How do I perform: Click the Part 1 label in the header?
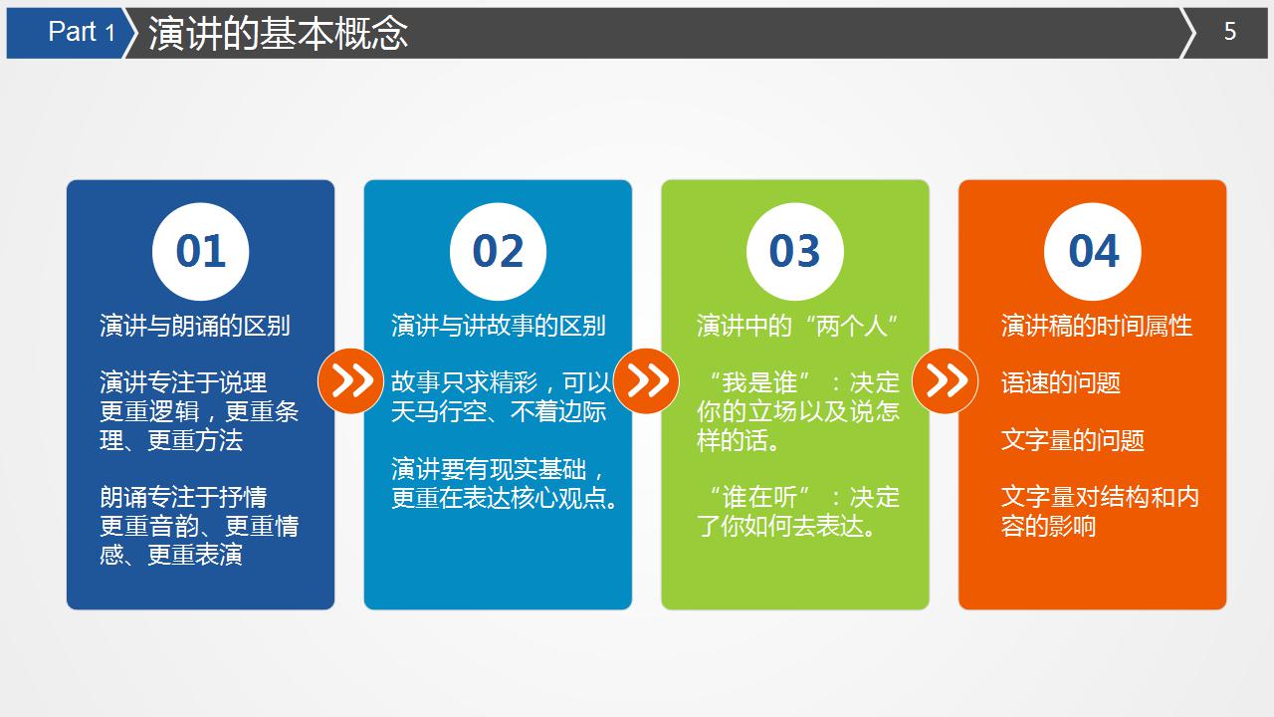82,32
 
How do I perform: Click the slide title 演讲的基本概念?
278,33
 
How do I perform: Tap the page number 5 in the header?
1230,32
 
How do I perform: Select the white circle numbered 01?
201,252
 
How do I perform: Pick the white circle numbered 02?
499,252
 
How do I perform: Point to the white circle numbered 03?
795,252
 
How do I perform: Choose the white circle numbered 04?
1093,252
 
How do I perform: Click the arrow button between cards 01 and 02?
350,380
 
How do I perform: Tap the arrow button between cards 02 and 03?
646,380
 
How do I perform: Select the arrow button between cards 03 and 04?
946,380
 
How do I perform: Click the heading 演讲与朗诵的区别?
195,326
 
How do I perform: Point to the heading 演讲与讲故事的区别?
499,326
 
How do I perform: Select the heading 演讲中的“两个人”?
798,326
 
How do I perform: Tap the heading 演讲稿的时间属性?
1097,326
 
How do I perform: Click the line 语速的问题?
1061,383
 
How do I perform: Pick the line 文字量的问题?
1073,440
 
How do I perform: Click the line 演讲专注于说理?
183,382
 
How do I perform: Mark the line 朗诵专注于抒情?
183,497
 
